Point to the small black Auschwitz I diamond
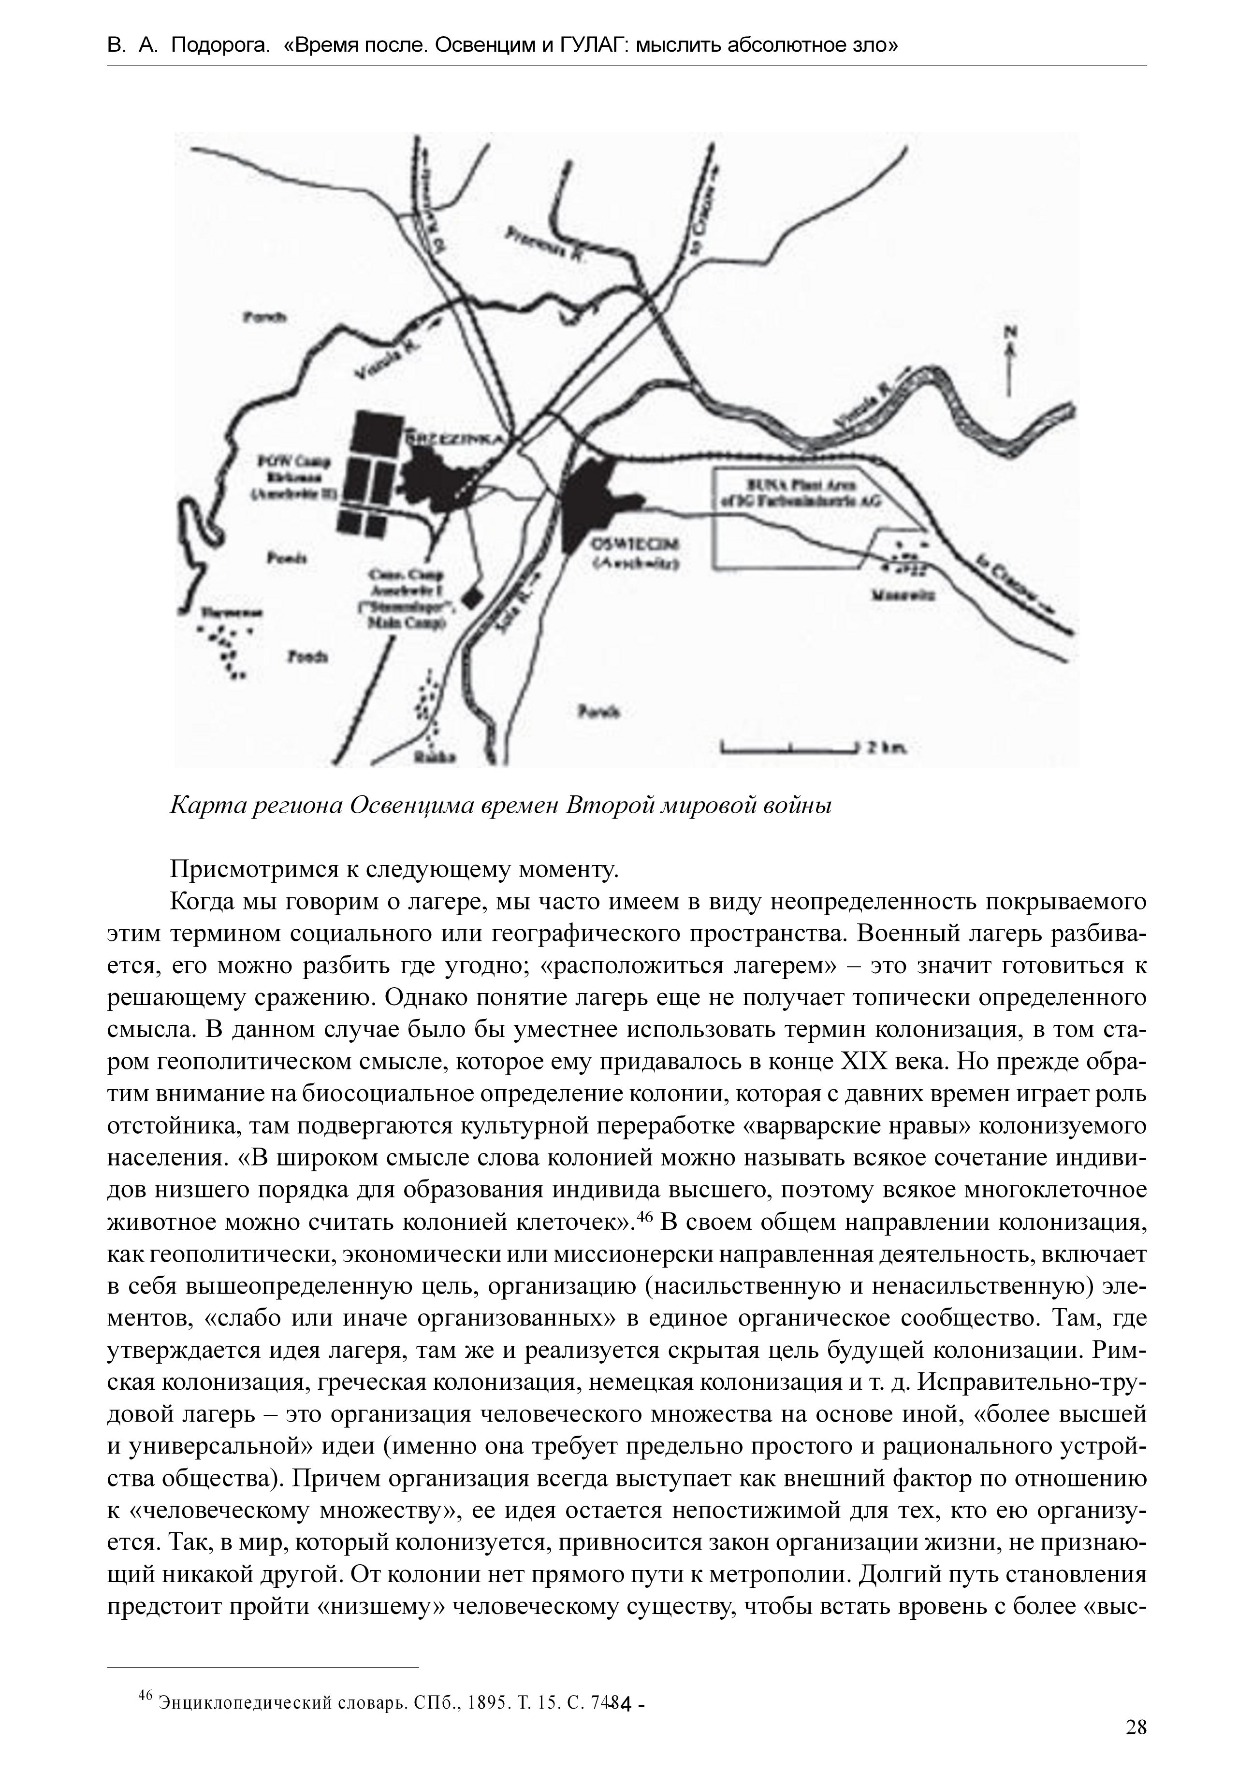[x=471, y=596]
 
